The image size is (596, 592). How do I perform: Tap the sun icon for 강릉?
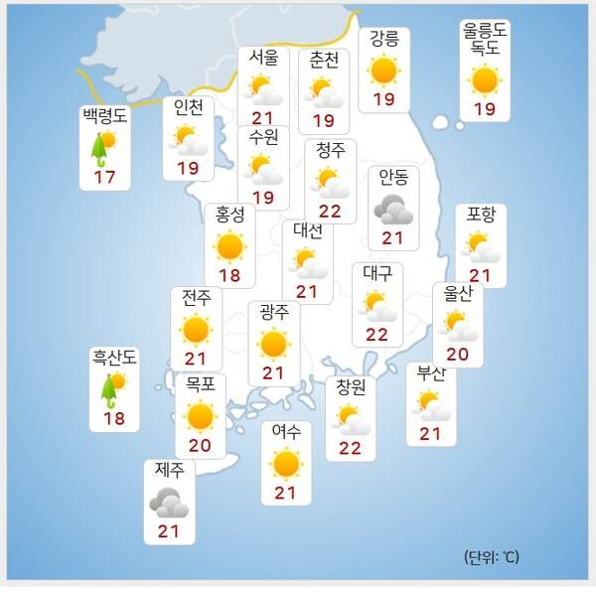coord(383,71)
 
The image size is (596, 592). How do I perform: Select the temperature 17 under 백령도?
coord(105,177)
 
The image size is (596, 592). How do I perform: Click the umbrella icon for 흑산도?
coord(109,388)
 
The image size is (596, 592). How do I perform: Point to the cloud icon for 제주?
coord(168,502)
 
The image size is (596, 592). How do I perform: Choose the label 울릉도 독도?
coord(485,40)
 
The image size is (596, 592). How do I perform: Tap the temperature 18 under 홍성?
coord(229,274)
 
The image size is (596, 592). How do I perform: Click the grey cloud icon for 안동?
coord(393,209)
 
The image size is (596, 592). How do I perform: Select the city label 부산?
coord(431,374)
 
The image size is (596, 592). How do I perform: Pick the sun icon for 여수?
coord(286,463)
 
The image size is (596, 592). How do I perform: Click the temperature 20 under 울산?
coord(458,355)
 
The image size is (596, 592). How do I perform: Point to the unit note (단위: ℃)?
coord(491,556)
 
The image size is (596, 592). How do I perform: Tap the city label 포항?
coord(482,216)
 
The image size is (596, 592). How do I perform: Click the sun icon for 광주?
coord(273,344)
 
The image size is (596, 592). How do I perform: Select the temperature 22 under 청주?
coord(330,211)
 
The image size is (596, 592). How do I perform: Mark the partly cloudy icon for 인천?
coord(188,140)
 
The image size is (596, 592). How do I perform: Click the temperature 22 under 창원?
coord(350,447)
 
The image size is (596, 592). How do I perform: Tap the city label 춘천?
coord(324,61)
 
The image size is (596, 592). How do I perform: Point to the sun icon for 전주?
coord(196,329)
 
